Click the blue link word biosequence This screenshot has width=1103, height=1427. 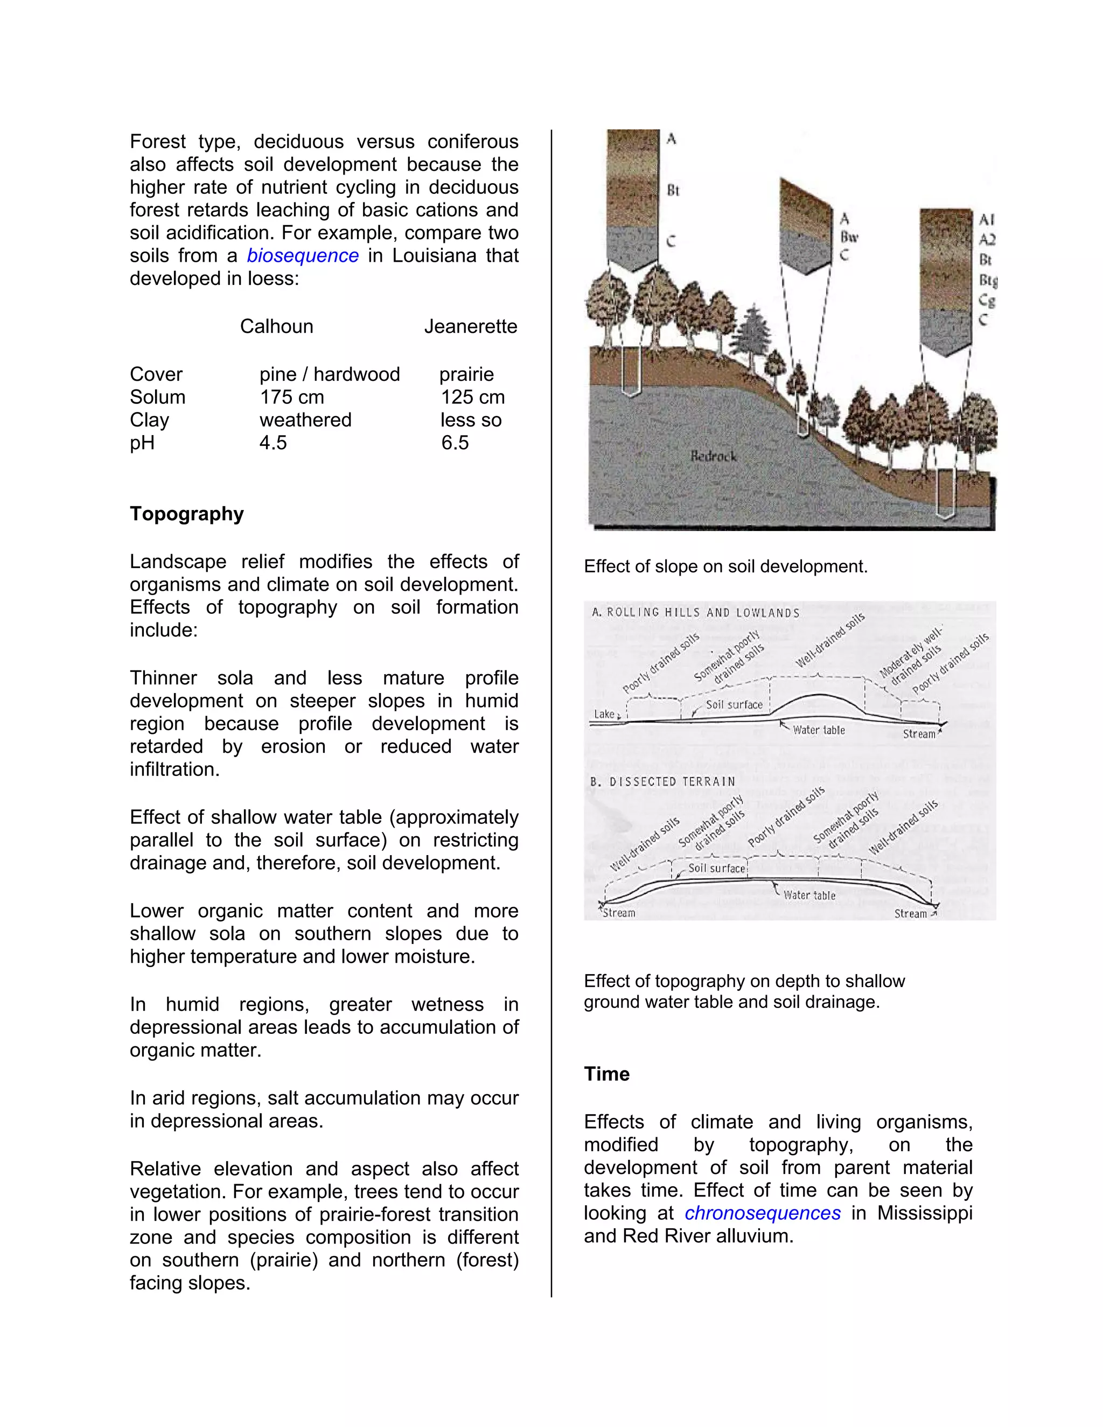tap(303, 255)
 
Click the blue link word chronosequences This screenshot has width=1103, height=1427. tap(762, 1213)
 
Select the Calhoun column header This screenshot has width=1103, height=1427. tap(276, 326)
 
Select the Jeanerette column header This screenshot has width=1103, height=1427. tap(471, 326)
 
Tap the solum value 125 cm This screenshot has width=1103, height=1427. tap(472, 397)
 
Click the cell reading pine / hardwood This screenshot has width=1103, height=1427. tap(329, 374)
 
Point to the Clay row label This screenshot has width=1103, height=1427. tap(149, 419)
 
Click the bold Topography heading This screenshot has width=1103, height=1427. tap(186, 514)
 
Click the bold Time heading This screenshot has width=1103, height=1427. tap(606, 1074)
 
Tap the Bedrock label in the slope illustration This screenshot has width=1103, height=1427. tap(713, 456)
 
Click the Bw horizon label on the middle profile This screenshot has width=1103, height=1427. tap(849, 236)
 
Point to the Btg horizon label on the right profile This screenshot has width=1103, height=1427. tap(987, 281)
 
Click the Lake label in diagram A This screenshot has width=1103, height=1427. tap(604, 714)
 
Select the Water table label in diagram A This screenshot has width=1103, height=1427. tap(818, 730)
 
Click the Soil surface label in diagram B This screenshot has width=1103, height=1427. tap(716, 869)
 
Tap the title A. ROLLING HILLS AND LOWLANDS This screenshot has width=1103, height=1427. tap(695, 613)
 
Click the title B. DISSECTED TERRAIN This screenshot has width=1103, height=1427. tap(662, 781)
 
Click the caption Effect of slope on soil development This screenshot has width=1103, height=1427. tap(725, 566)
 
